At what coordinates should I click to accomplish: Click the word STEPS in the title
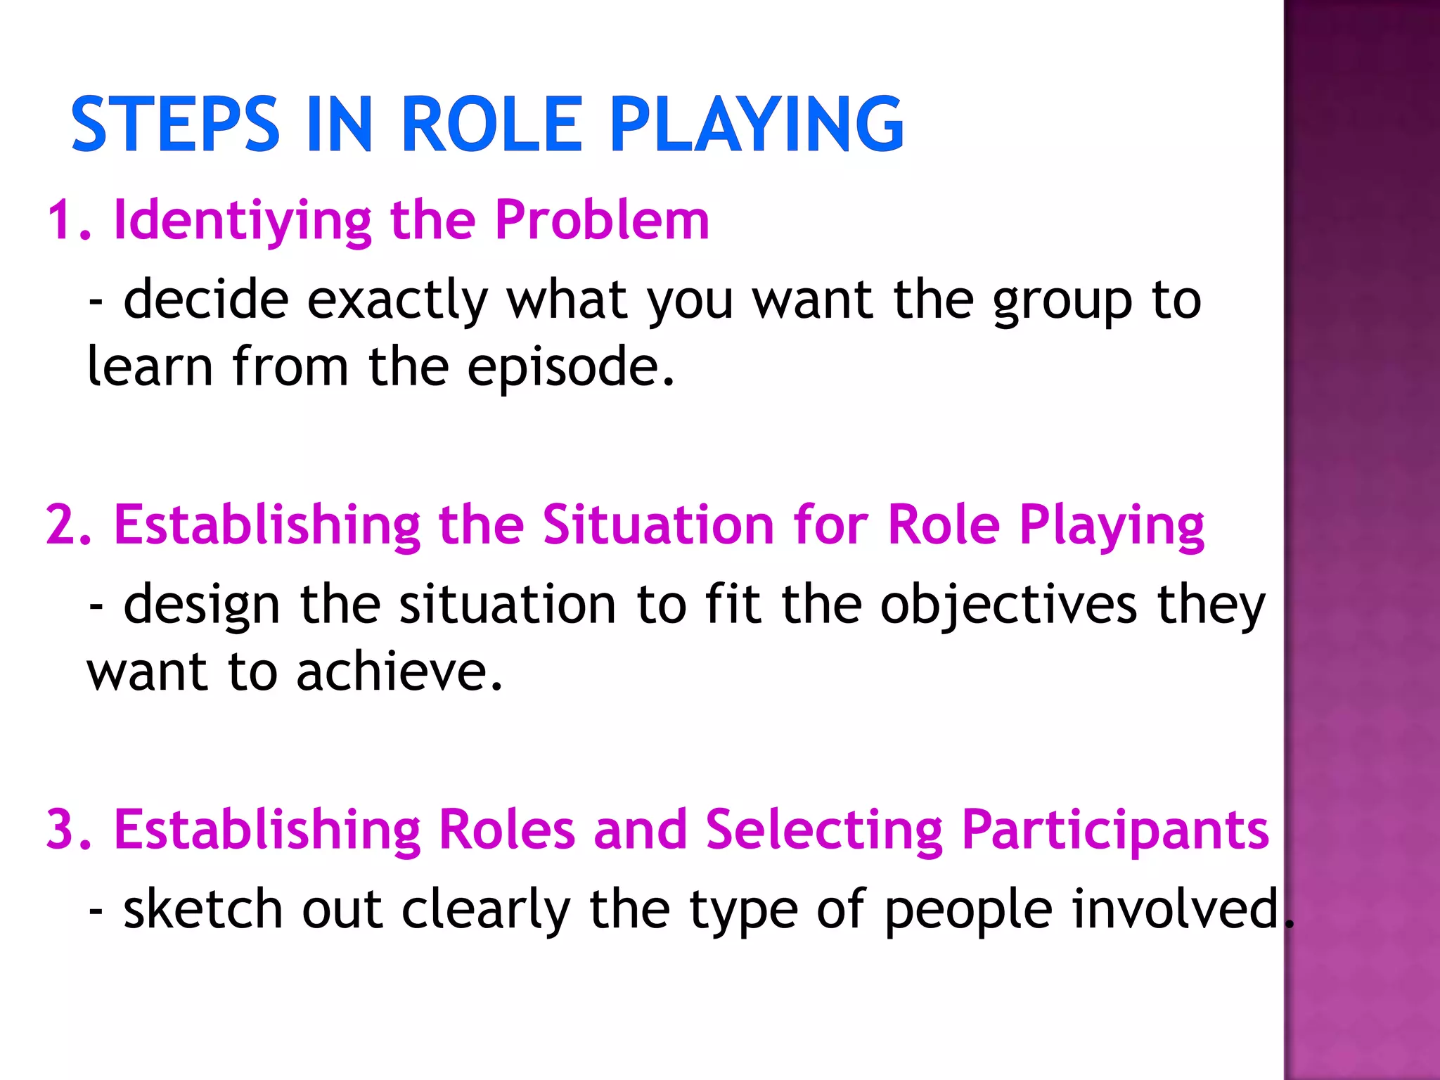point(176,124)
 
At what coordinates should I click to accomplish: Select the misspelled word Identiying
point(243,221)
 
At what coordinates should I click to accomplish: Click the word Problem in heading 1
point(602,221)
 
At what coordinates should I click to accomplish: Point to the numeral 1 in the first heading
point(62,221)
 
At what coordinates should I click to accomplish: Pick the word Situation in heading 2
point(658,525)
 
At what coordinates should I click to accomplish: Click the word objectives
point(1008,605)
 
